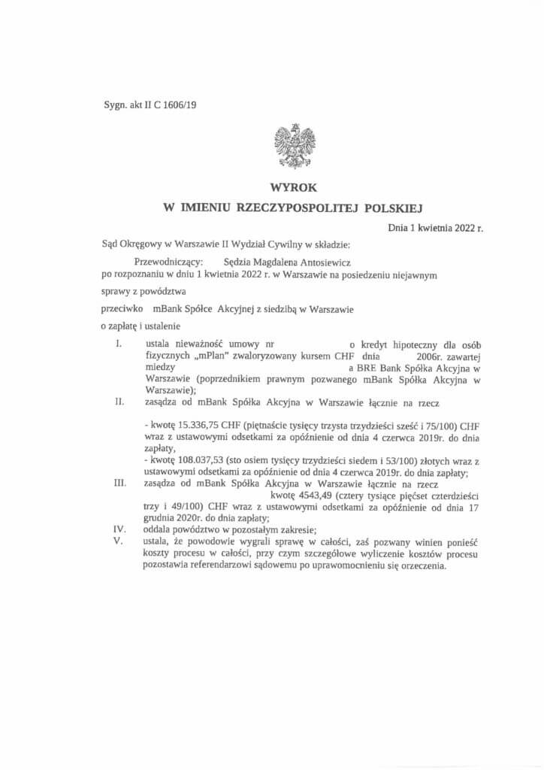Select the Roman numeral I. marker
(119, 344)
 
